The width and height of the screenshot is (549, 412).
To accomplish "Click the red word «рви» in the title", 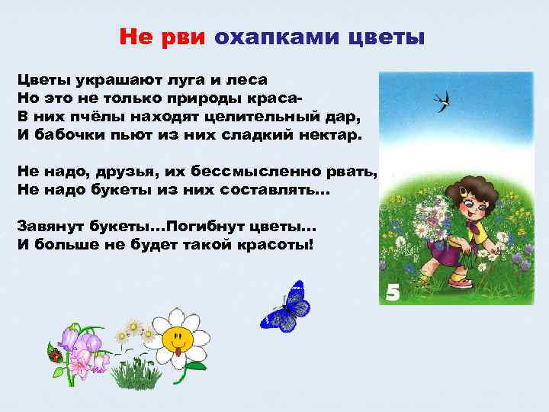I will (184, 37).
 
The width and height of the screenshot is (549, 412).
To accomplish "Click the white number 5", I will (393, 291).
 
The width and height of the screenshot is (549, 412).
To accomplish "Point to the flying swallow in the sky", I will (441, 101).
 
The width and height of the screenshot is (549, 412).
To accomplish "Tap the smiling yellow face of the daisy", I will (177, 337).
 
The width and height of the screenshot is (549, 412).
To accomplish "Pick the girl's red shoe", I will (461, 282).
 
